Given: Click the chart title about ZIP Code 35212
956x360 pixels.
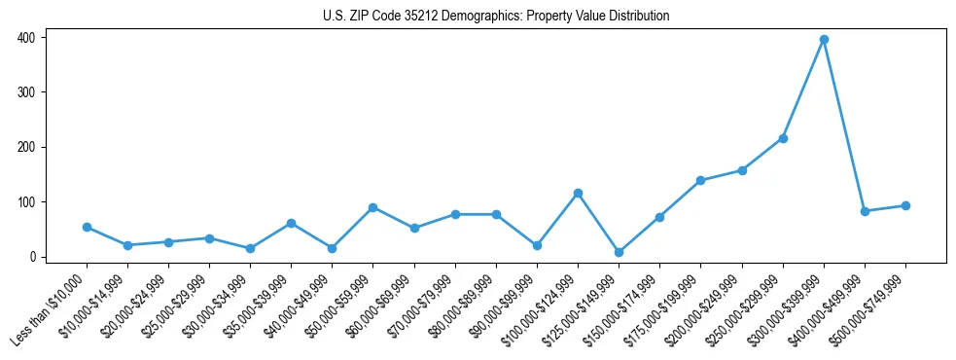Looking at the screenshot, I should pos(496,16).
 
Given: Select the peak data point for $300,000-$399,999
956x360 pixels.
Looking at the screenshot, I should pos(824,40).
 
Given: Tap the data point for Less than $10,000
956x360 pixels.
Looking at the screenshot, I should pos(87,228).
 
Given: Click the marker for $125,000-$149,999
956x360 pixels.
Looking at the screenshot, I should pos(619,252).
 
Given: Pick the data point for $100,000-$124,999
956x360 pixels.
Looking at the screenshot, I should pos(578,194).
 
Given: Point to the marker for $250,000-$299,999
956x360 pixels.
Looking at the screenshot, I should pos(783,138).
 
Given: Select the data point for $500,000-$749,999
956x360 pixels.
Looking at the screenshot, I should pos(905,206).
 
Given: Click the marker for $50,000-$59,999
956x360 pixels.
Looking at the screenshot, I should pos(373,208).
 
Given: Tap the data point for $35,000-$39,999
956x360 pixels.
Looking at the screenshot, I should pos(291,224).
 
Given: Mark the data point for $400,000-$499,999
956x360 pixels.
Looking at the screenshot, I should pos(865,211).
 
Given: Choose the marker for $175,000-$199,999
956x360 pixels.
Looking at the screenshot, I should pos(700,181).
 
